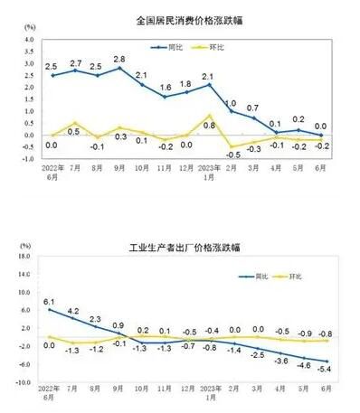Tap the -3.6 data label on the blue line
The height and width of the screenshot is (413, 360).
pos(281,362)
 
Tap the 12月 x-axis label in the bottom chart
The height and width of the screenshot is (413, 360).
pos(187,390)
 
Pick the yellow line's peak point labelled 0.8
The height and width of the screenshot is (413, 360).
pos(210,117)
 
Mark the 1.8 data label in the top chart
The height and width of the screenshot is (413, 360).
pos(187,84)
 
